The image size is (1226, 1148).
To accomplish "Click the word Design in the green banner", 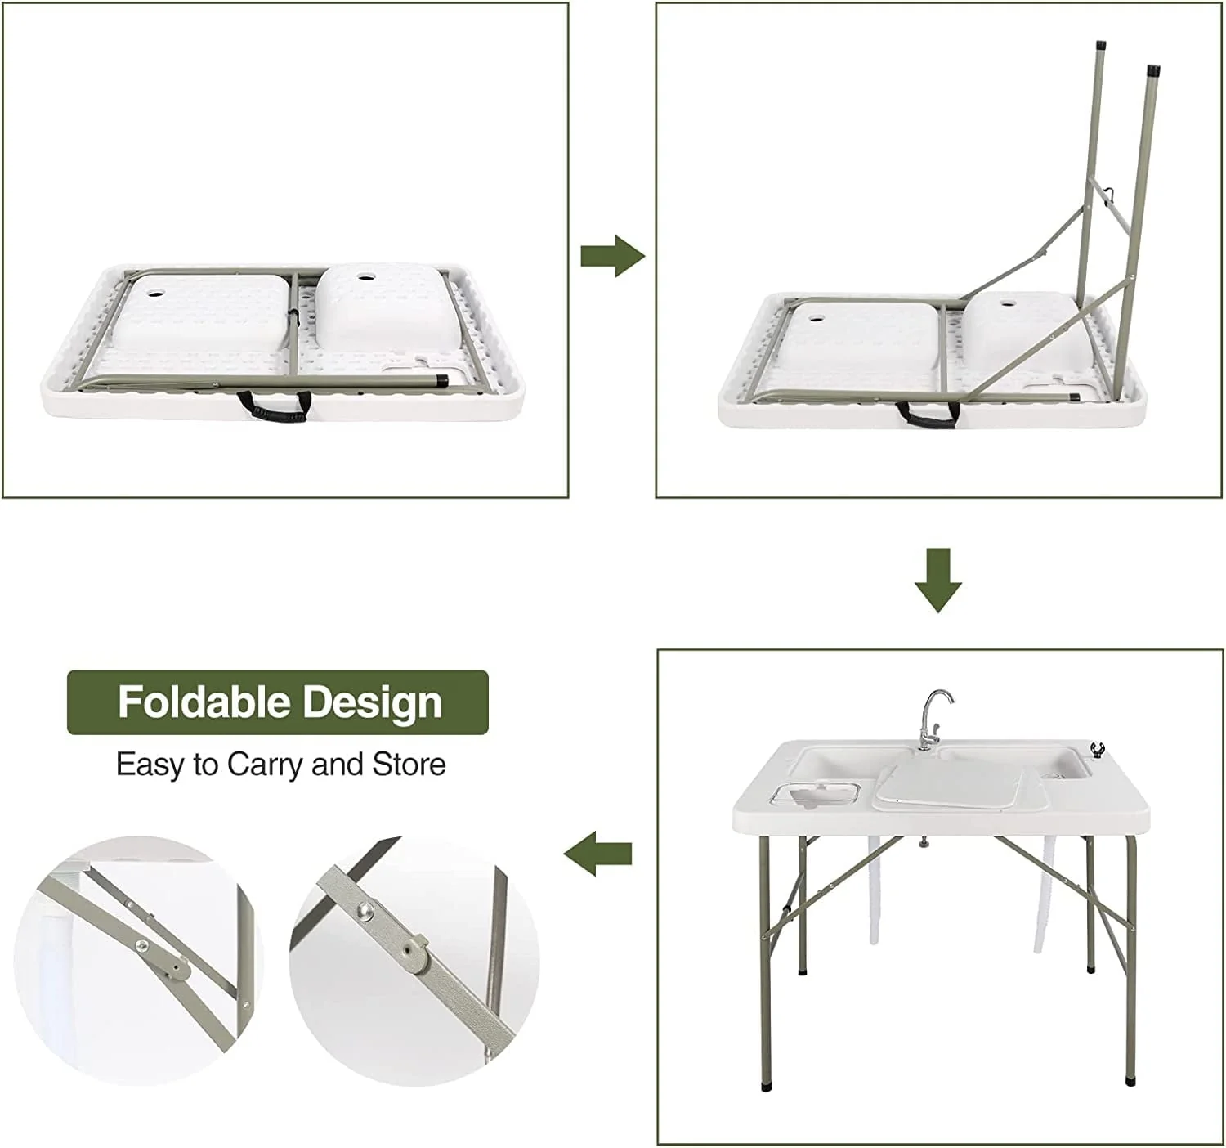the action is [x=373, y=703].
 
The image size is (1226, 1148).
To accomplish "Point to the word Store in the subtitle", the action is [x=409, y=765].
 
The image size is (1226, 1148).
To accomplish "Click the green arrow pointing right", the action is [x=612, y=256].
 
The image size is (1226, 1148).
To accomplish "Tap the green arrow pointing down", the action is [x=937, y=581].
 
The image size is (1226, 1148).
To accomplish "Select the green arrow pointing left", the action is [x=597, y=854].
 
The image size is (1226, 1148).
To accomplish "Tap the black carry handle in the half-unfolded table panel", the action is [x=928, y=414].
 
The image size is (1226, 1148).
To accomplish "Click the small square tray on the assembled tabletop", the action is [x=817, y=797].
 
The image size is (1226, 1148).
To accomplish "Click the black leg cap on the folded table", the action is [x=441, y=380].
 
